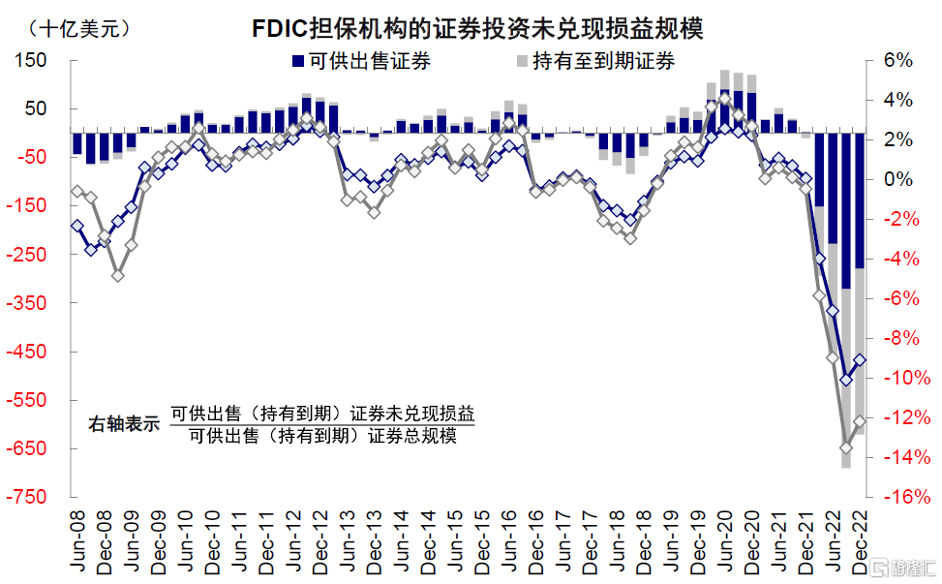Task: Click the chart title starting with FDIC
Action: (x=477, y=28)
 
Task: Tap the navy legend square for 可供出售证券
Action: (x=298, y=61)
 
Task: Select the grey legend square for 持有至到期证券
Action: (x=522, y=61)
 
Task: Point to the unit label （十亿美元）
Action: (x=78, y=28)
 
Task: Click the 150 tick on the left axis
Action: (x=31, y=60)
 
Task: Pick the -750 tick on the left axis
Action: (x=26, y=496)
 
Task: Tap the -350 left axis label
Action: (x=26, y=302)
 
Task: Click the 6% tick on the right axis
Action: (x=898, y=59)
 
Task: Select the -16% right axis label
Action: (x=907, y=496)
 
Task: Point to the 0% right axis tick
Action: (x=898, y=178)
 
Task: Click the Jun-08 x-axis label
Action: (x=77, y=541)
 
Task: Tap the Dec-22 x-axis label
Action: (x=860, y=543)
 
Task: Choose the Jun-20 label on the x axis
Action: (x=725, y=541)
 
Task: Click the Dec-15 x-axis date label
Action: (x=482, y=543)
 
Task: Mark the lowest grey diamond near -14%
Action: (x=846, y=447)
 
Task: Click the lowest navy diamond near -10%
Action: (x=846, y=380)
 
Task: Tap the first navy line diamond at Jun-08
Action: (x=76, y=226)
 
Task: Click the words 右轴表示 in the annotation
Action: (x=124, y=424)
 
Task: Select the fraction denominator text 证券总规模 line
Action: (x=322, y=436)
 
